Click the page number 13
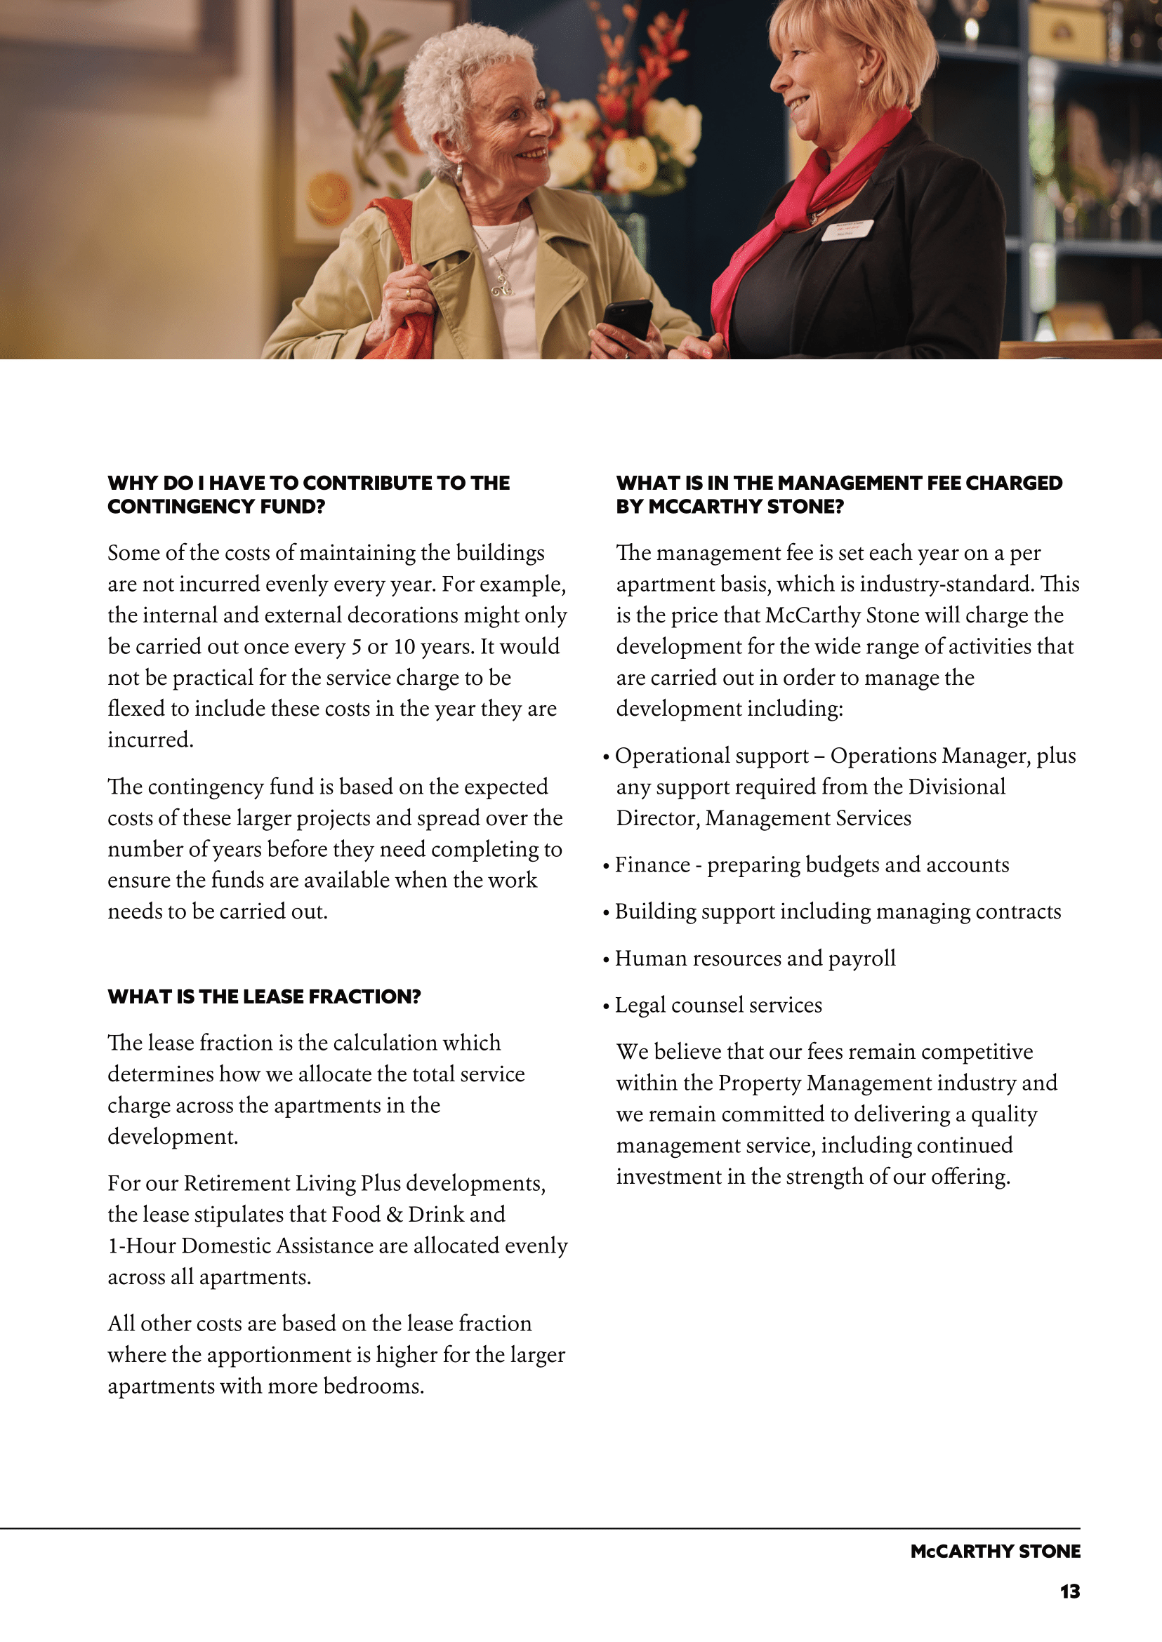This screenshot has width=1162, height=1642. click(x=1069, y=1591)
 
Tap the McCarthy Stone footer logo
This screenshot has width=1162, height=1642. click(x=995, y=1551)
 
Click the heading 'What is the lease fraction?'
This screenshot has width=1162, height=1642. click(x=264, y=996)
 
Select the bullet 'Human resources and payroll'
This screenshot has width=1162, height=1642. click(x=754, y=959)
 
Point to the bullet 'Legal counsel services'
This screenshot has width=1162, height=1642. click(x=718, y=1005)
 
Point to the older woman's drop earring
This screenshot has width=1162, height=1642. click(x=458, y=172)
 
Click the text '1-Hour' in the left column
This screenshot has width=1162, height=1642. click(x=142, y=1246)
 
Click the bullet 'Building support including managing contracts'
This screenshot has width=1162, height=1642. click(x=837, y=912)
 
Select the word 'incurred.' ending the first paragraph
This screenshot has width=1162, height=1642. click(x=150, y=740)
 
